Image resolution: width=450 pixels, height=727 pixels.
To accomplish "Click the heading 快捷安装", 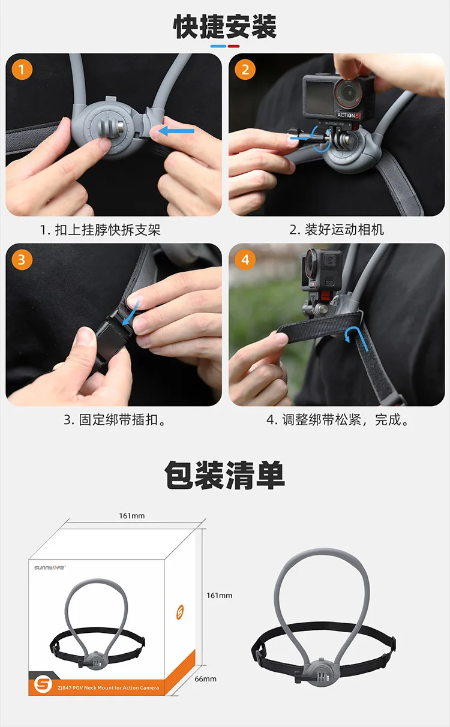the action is tap(224, 26).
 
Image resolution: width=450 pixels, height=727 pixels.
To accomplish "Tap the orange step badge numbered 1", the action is tap(22, 70).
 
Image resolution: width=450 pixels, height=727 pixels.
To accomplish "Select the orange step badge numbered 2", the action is tap(245, 70).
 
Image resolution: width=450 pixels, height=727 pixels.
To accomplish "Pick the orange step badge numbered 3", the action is tap(22, 260).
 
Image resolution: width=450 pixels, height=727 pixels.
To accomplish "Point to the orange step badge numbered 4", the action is tap(245, 260).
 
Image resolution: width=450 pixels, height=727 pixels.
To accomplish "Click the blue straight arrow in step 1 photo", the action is tap(176, 131).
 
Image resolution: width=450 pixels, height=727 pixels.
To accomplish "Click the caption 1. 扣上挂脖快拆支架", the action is tap(100, 230).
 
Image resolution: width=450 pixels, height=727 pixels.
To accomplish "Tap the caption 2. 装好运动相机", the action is tap(337, 230).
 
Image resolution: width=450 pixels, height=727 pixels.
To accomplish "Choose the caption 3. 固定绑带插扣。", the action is tap(115, 420).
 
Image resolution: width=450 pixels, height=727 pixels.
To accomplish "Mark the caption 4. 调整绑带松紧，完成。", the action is tap(338, 420).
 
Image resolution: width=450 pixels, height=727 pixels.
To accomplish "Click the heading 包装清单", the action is tap(224, 475).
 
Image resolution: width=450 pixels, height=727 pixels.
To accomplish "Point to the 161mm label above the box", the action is tap(132, 516).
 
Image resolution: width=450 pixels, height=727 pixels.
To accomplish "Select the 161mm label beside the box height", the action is tap(220, 595).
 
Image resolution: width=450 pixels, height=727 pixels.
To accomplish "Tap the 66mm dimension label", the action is tap(206, 678).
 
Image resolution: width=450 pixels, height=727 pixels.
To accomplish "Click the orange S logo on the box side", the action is tap(180, 612).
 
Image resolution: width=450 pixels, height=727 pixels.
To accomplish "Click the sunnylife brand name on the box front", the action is tap(50, 567).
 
